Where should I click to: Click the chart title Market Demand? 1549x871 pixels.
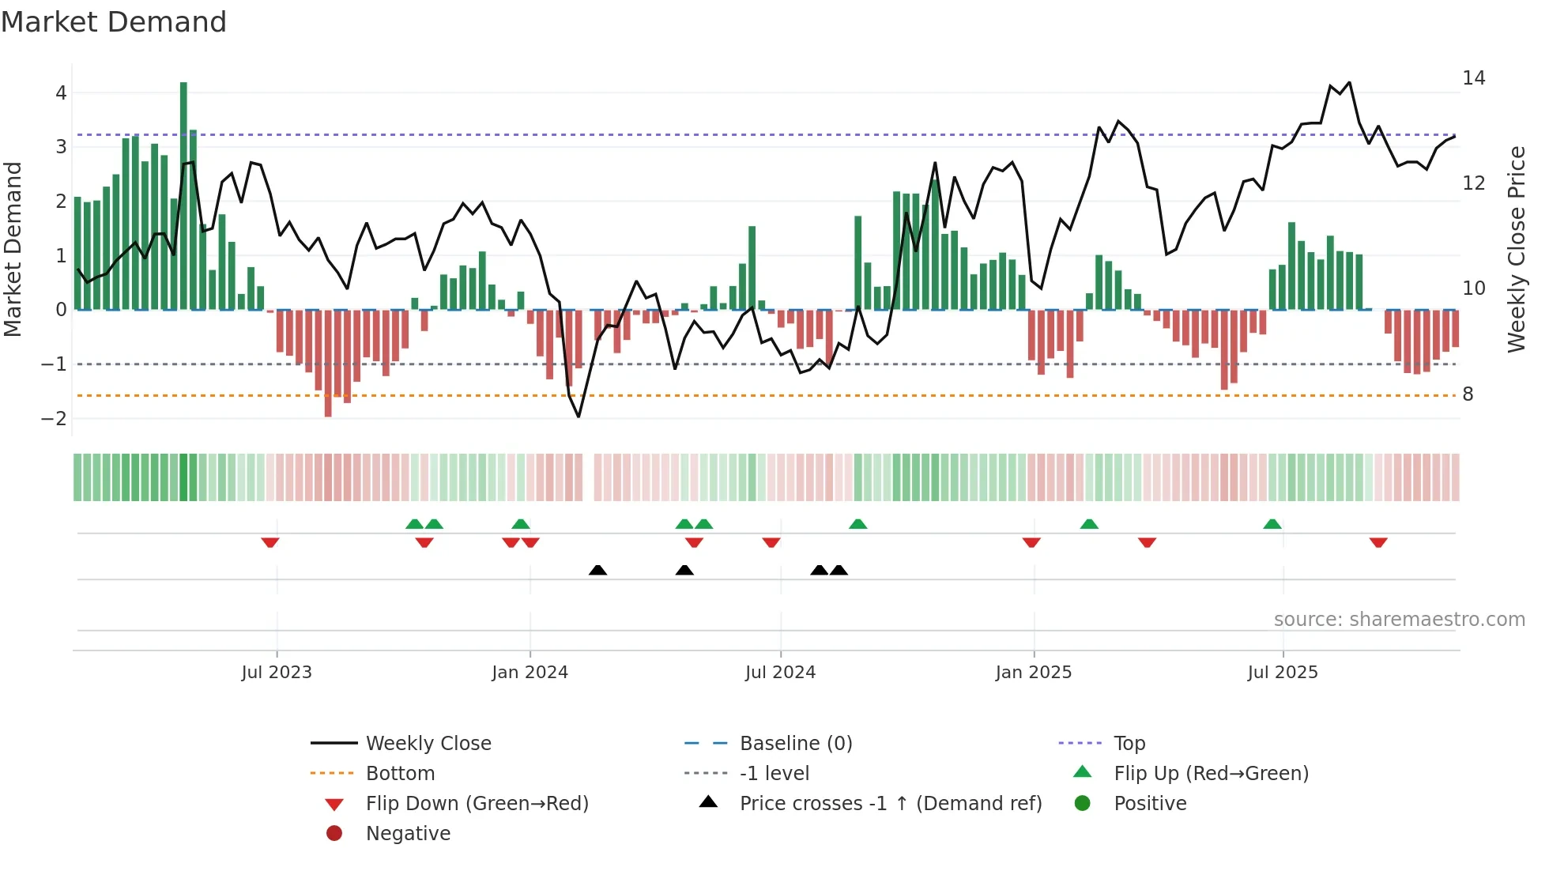114,22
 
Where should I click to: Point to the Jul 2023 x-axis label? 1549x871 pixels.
277,673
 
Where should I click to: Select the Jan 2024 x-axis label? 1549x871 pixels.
530,673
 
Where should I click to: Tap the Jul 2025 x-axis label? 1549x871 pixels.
1283,673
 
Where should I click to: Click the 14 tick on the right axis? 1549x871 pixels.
1473,78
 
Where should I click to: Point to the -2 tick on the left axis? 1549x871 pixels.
54,419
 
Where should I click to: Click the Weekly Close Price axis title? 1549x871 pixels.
1516,249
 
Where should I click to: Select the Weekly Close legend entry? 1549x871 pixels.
428,744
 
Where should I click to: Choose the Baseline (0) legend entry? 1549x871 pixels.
795,744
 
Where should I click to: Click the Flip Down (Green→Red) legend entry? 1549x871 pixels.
477,804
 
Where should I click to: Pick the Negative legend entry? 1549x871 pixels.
408,834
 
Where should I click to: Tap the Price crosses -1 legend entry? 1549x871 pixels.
891,804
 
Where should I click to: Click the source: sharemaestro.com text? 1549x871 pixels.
1399,620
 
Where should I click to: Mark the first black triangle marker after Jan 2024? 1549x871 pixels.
598,570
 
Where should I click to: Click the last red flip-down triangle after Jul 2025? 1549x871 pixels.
1378,542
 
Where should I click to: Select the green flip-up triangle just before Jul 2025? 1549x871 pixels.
1272,524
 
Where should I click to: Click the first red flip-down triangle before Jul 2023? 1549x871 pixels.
270,542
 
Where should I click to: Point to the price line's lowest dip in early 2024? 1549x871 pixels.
579,417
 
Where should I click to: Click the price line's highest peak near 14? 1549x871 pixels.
1349,82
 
